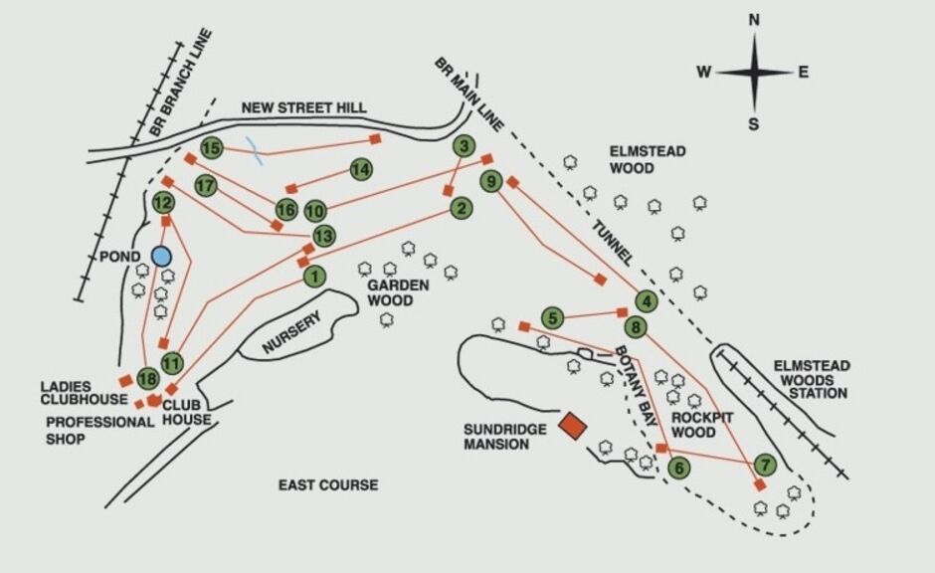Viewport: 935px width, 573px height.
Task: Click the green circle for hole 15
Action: (212, 148)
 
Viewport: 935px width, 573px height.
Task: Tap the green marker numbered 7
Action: (765, 465)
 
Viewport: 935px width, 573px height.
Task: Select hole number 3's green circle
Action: (464, 146)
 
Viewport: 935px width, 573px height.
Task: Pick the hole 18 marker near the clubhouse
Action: (148, 379)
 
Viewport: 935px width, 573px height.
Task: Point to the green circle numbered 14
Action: (361, 170)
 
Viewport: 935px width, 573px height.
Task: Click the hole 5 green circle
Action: (553, 317)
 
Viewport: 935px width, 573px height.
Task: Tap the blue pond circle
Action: (161, 257)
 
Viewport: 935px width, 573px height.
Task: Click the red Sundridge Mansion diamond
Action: (573, 426)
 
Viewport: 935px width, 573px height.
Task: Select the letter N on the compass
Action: (754, 20)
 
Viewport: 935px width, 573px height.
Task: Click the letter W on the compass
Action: (703, 73)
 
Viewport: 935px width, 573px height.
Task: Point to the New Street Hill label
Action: (303, 107)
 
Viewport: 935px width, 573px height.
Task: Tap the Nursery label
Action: (291, 332)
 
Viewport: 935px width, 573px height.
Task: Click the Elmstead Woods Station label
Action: (812, 379)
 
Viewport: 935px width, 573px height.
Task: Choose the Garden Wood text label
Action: (398, 292)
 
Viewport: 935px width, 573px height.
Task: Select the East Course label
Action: (328, 485)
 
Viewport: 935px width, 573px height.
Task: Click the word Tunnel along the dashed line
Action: (612, 243)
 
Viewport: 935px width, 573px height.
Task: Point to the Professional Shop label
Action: (99, 431)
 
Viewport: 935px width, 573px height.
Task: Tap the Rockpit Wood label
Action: (702, 425)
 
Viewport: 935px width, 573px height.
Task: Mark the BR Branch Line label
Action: (181, 83)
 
